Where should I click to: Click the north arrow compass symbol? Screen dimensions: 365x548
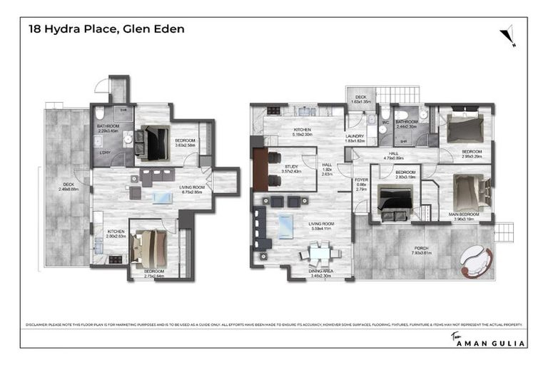(508, 34)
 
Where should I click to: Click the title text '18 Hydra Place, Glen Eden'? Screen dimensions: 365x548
(106, 29)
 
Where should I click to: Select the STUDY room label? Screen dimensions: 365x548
(289, 169)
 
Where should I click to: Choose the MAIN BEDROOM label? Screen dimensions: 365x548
(468, 216)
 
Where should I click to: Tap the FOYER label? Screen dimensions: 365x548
(361, 182)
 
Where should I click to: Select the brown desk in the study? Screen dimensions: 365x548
(259, 170)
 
